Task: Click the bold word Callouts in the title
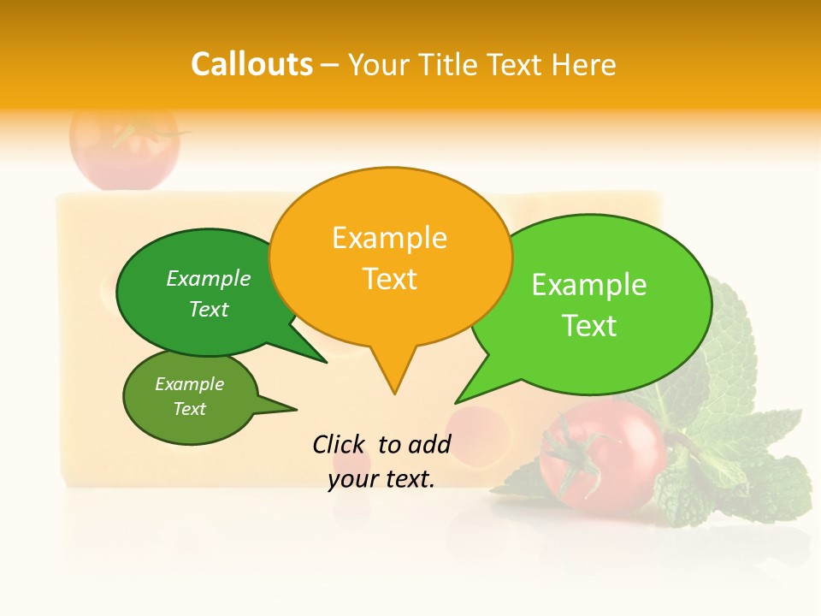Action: pos(251,65)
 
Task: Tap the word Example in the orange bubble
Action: pos(389,238)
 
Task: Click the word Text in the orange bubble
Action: pos(389,279)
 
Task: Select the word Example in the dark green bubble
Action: pos(209,279)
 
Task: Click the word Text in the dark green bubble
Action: pos(209,309)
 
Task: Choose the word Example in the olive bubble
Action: pos(189,384)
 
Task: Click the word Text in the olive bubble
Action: pos(189,409)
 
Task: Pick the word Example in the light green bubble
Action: pos(589,285)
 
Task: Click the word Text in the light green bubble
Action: pos(589,326)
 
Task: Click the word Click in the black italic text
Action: pos(340,444)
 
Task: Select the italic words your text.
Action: pos(381,480)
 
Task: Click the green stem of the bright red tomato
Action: pos(569,445)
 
